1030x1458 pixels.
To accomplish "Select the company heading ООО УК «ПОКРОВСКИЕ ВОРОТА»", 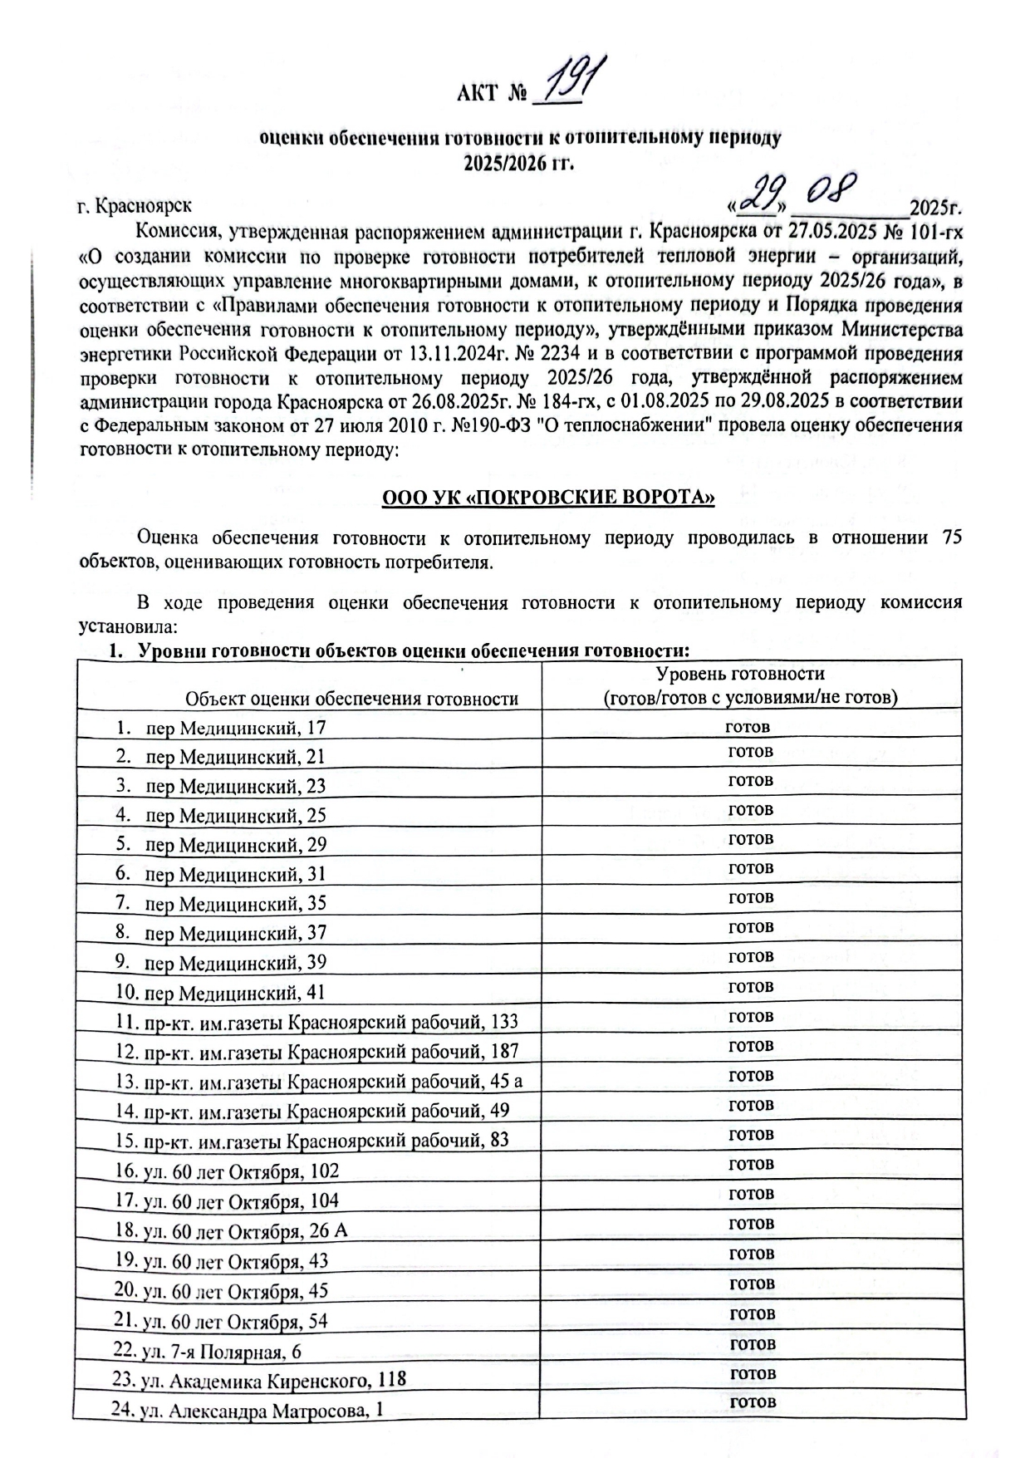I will click(x=548, y=498).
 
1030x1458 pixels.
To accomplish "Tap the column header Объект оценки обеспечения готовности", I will click(x=351, y=699).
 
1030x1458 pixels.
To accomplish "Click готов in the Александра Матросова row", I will click(x=753, y=1402).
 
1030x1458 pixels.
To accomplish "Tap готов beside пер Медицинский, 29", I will click(x=751, y=839).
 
